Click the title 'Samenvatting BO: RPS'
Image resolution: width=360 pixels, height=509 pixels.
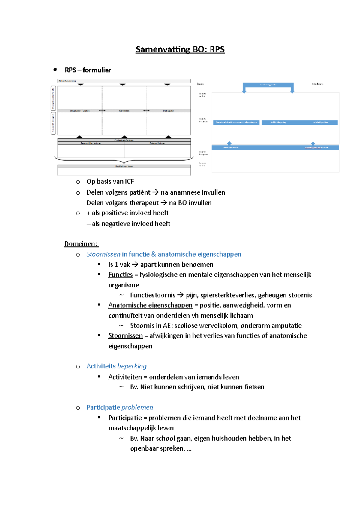tap(180, 49)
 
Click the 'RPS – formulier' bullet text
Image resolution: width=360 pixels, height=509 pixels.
tap(88, 70)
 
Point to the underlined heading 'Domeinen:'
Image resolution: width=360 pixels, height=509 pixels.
tap(81, 244)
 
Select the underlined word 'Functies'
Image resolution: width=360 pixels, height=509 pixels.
tap(120, 275)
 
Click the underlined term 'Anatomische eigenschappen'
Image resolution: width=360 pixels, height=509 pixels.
tap(150, 305)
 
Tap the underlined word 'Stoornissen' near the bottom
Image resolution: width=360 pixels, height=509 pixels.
tap(125, 336)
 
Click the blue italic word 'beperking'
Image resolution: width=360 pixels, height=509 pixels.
tap(132, 366)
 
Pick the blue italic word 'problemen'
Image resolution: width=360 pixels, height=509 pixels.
tap(137, 407)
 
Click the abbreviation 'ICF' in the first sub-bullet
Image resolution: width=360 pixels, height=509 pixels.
tap(129, 181)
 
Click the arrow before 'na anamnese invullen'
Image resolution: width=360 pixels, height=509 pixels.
tap(155, 192)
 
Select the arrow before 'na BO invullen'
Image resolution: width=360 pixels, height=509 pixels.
tap(163, 203)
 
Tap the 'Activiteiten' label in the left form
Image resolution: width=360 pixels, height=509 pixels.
tap(124, 111)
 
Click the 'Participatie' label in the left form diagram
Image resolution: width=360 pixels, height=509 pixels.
tap(168, 111)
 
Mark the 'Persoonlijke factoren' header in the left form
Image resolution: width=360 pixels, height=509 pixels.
tap(91, 143)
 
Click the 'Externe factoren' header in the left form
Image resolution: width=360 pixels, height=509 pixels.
tap(157, 143)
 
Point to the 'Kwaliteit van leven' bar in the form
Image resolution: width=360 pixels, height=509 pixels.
tap(124, 166)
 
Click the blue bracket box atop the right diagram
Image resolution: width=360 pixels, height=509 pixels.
tap(268, 85)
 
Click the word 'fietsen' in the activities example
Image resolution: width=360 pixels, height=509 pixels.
tap(254, 387)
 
